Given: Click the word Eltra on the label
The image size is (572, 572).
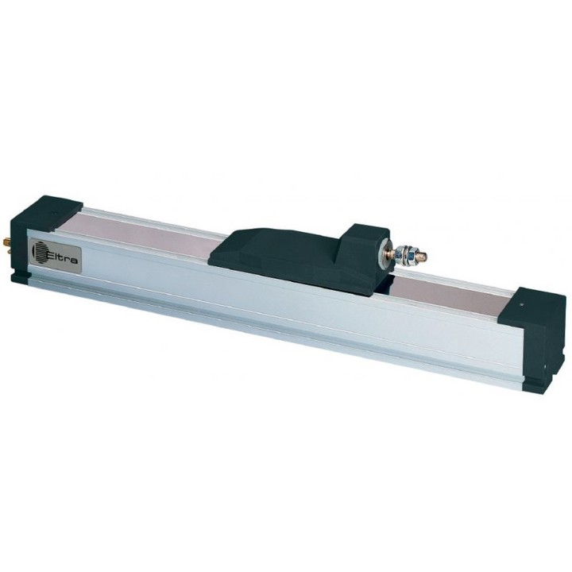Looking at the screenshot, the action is (x=62, y=255).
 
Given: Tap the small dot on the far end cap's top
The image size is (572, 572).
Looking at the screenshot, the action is (x=523, y=303).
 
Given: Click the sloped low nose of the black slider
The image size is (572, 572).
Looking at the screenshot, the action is (x=234, y=248).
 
